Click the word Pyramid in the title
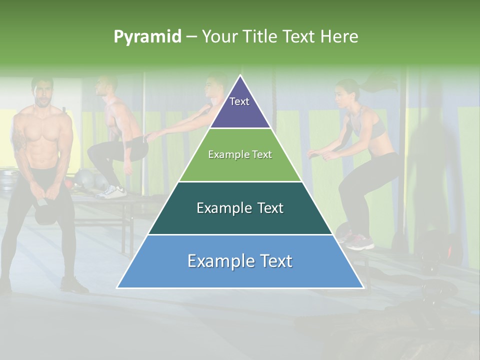point(147,36)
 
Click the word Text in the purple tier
point(239,101)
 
